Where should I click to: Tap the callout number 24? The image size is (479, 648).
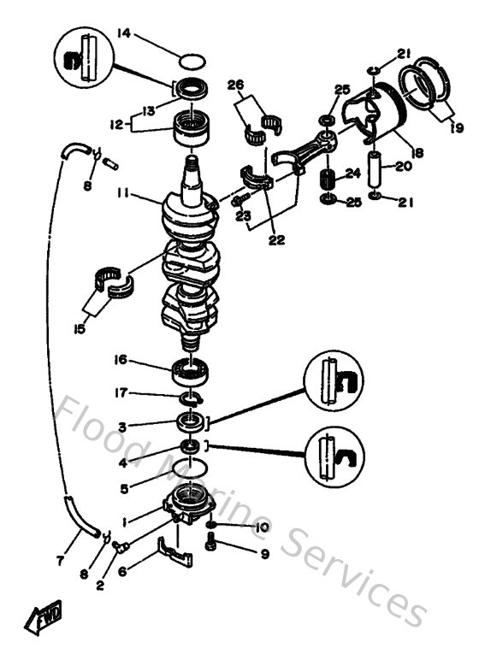(x=352, y=174)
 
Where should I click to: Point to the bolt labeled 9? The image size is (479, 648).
(x=210, y=544)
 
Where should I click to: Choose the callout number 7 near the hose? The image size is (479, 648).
(x=59, y=561)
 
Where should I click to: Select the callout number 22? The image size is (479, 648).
(x=275, y=240)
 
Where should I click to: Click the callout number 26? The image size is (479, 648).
(x=235, y=85)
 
